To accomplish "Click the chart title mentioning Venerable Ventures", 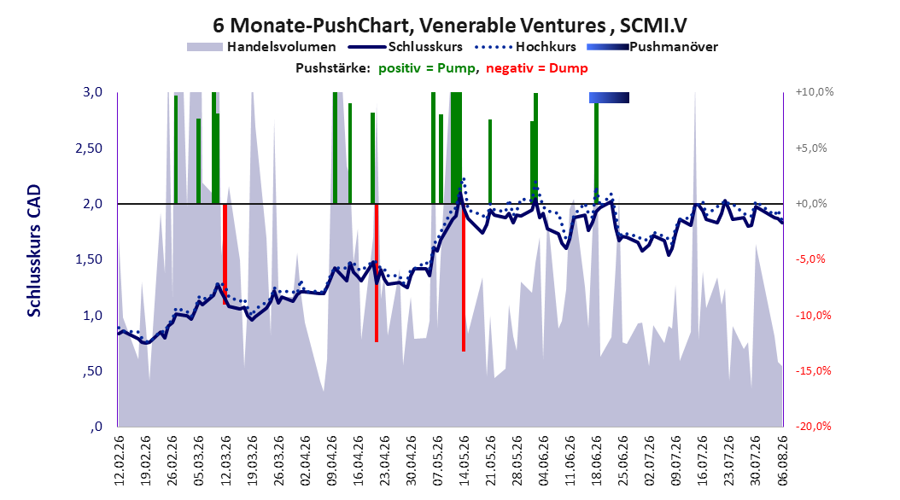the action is click(x=449, y=26).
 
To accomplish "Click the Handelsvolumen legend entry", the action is click(x=262, y=47).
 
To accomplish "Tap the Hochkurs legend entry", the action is click(x=525, y=47).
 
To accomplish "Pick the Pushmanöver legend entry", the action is click(x=652, y=47).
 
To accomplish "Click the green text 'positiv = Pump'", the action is click(x=426, y=68).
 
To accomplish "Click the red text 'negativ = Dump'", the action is click(x=537, y=68).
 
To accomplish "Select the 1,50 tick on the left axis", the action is click(x=89, y=259).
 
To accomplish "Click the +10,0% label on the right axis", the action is click(x=815, y=92).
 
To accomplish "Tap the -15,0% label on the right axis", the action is click(x=813, y=371).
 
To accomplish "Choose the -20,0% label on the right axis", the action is click(x=813, y=427).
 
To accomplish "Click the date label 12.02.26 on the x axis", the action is click(x=120, y=461).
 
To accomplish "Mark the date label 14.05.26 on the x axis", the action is click(x=464, y=461).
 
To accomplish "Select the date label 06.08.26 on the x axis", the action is click(x=782, y=461).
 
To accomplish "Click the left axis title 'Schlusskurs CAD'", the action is click(x=34, y=251).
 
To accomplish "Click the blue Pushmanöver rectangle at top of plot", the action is click(x=609, y=97).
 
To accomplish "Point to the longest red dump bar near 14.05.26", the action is click(x=463, y=277).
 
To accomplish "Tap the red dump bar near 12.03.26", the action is click(x=225, y=253).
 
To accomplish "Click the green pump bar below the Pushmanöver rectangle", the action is click(x=596, y=153).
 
